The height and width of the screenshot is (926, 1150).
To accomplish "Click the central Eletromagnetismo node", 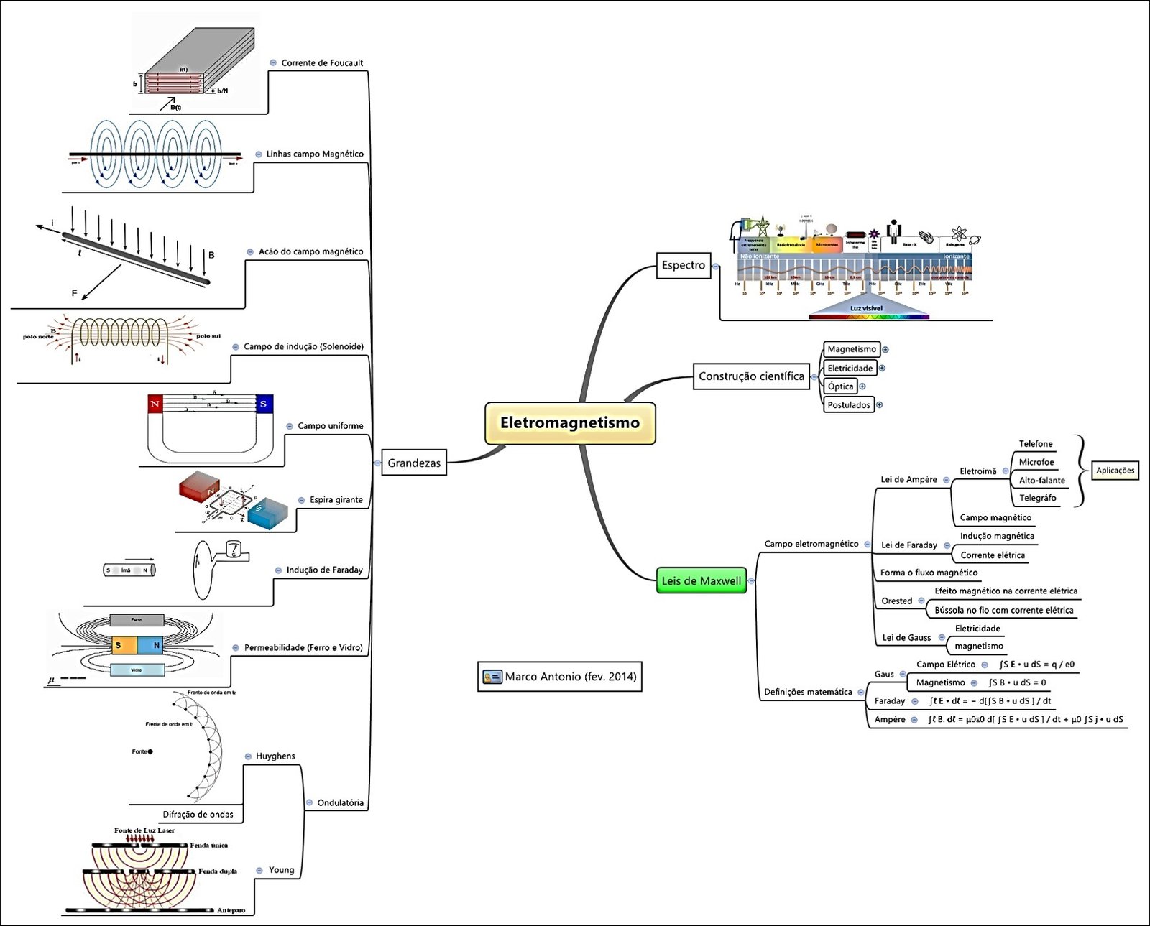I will (x=570, y=423).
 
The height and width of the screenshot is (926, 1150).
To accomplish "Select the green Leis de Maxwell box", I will (x=701, y=581).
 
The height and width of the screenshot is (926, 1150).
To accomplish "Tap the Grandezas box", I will (x=413, y=463).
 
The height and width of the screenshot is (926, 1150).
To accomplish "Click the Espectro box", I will (x=683, y=265).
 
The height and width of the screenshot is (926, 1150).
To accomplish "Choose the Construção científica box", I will (x=751, y=376).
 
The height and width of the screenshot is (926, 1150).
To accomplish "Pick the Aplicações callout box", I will (x=1115, y=471).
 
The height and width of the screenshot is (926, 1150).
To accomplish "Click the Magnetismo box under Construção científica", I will (x=852, y=349).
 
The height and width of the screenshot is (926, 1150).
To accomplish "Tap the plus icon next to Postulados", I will (x=879, y=405).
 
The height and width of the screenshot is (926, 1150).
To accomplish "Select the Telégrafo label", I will (x=1037, y=498).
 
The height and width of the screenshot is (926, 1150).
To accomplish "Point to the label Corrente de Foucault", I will (x=322, y=63).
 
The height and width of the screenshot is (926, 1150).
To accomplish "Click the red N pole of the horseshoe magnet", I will (x=155, y=404).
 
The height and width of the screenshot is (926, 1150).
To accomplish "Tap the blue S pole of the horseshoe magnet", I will (x=264, y=404).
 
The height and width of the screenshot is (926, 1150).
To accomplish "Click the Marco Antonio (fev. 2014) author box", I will (x=560, y=677).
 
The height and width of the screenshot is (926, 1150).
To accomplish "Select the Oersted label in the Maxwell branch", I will (x=896, y=601).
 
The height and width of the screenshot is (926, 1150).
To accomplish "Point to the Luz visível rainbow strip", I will (x=868, y=315).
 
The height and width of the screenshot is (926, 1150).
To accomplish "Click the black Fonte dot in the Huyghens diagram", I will (x=150, y=751).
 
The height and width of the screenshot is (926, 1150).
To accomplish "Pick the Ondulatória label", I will (x=340, y=803).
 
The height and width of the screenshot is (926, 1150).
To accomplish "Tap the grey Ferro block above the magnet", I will (x=137, y=620).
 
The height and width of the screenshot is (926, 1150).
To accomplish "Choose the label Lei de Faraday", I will (x=908, y=545).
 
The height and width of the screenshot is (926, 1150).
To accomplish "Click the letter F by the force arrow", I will (x=74, y=293).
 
